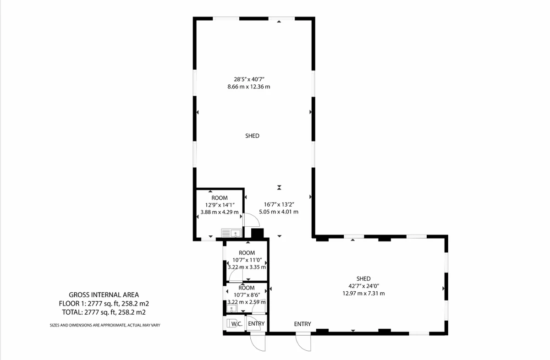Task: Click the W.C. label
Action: click(237, 324)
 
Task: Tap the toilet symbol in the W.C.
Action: click(229, 323)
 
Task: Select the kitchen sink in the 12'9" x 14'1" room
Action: click(231, 233)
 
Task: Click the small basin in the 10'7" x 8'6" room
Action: click(231, 308)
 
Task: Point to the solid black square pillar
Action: click(257, 233)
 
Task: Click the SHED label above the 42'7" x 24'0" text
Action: click(363, 278)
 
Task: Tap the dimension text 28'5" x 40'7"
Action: click(249, 79)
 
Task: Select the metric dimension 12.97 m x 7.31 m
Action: click(363, 293)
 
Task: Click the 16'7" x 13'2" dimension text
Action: click(279, 204)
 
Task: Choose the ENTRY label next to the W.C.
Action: click(256, 324)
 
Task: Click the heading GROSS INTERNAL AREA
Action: click(104, 295)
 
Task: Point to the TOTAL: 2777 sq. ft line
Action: click(104, 312)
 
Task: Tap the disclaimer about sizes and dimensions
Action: click(105, 325)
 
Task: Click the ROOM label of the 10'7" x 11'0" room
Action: click(247, 253)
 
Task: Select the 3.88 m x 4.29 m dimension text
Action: click(220, 212)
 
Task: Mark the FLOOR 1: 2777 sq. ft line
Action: click(104, 304)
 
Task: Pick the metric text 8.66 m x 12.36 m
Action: click(249, 87)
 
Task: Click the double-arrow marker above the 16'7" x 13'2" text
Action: click(279, 187)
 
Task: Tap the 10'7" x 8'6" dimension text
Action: click(247, 295)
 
